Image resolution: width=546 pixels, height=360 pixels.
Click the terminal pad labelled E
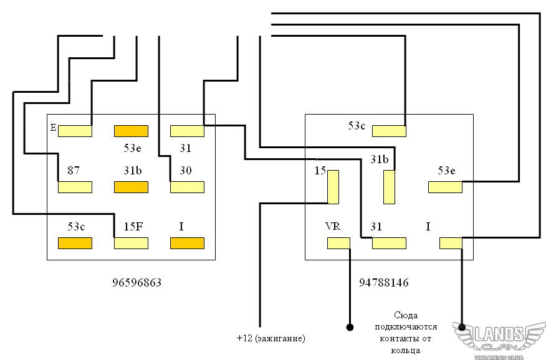point(75,131)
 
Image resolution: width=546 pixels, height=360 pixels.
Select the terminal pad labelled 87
point(75,187)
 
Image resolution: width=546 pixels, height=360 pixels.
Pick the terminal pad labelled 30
point(187,187)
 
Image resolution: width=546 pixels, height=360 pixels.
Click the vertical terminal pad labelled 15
point(333,187)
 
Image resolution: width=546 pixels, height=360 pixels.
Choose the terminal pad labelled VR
point(339,243)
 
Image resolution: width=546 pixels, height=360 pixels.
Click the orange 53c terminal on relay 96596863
point(75,243)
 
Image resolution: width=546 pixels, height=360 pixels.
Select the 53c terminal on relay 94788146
point(389,131)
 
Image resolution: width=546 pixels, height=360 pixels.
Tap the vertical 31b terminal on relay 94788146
point(390,187)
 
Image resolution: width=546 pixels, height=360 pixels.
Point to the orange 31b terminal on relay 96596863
point(131,187)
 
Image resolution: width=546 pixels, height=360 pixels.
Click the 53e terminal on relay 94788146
point(445,187)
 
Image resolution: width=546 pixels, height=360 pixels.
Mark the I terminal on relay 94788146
point(451,243)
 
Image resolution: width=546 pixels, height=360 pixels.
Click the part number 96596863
point(137,282)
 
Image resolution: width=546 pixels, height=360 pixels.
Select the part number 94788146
point(384,282)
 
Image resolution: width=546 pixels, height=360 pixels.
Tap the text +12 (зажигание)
point(271,338)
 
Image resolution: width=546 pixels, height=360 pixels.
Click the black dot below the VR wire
point(350,326)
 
